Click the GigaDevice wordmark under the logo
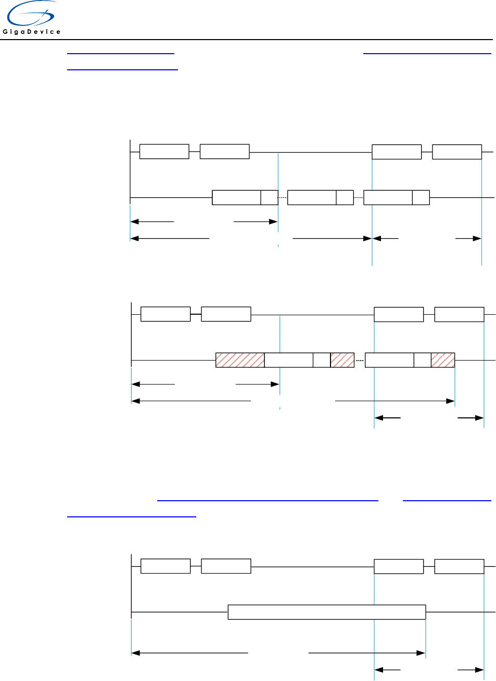(32, 32)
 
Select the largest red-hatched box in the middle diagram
(240, 360)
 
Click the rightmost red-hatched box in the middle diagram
(443, 360)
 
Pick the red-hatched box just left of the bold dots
(342, 360)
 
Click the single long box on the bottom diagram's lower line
(327, 612)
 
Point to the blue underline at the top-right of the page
(427, 53)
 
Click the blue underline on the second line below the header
(122, 69)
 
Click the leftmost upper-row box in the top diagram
(164, 152)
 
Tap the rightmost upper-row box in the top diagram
(457, 152)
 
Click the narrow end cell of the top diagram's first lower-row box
(270, 198)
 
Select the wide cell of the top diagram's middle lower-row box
(312, 198)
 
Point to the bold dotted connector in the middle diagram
(360, 360)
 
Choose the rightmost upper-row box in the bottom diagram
(459, 566)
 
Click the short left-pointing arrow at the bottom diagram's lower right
(388, 670)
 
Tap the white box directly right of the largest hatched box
(289, 360)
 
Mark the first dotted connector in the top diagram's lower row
(283, 198)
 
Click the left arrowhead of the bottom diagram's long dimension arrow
(135, 652)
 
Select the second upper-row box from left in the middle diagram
(226, 314)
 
